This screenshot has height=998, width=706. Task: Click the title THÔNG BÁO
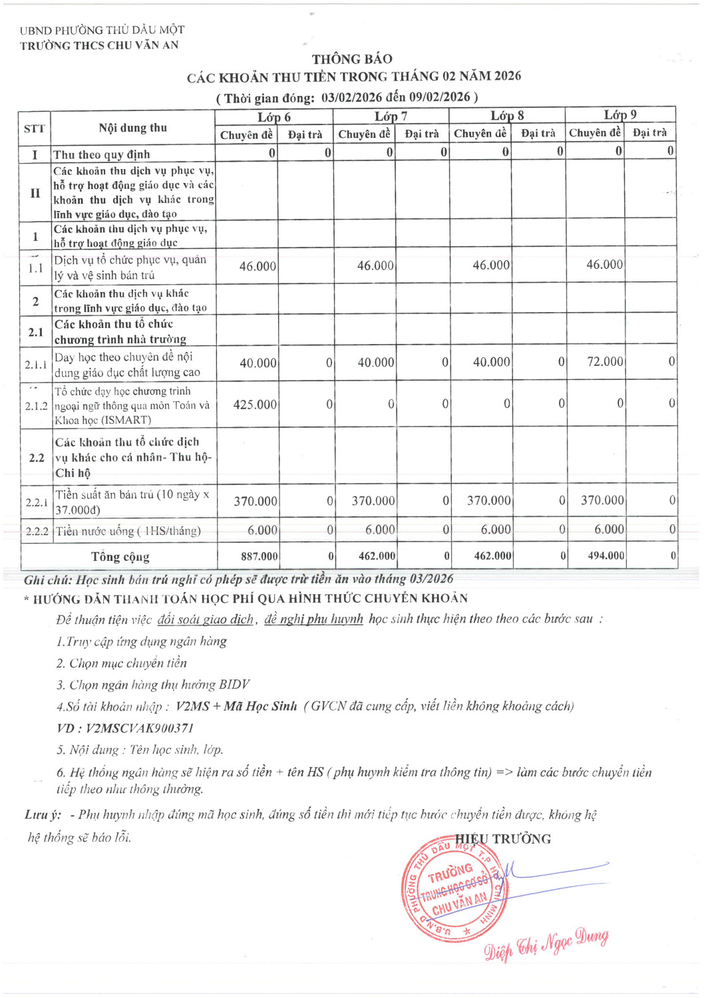pos(352,59)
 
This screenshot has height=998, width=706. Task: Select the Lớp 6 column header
pos(274,117)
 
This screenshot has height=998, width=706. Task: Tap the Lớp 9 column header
pos(620,114)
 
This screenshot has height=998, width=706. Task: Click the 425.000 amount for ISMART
pos(255,405)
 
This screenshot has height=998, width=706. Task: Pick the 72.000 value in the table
pos(605,362)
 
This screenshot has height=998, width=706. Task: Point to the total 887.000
pos(260,556)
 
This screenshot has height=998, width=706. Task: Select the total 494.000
pos(606,556)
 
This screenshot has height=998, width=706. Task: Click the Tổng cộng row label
pos(120,556)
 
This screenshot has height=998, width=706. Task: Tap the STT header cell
pos(34,128)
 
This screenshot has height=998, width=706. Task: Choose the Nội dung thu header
pos(132,128)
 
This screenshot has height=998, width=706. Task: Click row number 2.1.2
pos(36,406)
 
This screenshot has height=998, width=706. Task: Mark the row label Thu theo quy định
pos(102,154)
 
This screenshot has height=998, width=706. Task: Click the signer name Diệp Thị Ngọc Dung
pos(546,944)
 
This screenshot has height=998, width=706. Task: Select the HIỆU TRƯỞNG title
pos(503,839)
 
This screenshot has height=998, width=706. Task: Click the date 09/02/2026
pos(439,97)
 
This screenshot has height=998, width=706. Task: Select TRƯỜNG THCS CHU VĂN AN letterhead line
pos(99,45)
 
